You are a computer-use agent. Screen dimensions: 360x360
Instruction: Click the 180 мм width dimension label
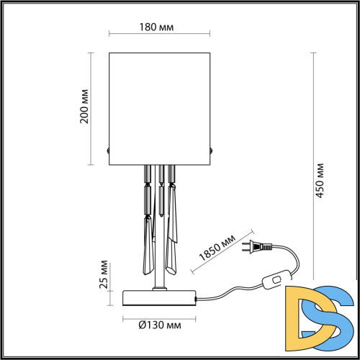pos(160,27)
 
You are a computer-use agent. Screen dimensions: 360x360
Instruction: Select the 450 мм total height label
pos(321,180)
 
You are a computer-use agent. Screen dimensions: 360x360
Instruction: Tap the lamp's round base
pos(160,296)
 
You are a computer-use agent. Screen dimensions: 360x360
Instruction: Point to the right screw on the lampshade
pos(212,150)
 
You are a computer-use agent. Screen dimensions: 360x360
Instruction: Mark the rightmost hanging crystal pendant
pos(173,216)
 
